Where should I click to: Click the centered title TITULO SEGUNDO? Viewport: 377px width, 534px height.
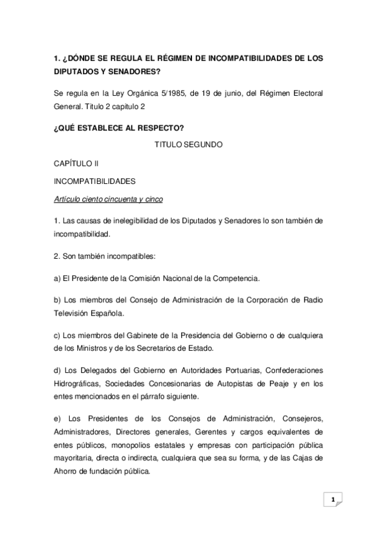pos(188,145)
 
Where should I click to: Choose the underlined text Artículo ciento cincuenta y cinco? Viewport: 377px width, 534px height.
pos(108,200)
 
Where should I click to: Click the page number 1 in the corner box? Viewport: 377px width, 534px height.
pos(332,499)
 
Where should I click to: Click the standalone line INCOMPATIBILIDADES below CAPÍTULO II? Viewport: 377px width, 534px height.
pos(94,181)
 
